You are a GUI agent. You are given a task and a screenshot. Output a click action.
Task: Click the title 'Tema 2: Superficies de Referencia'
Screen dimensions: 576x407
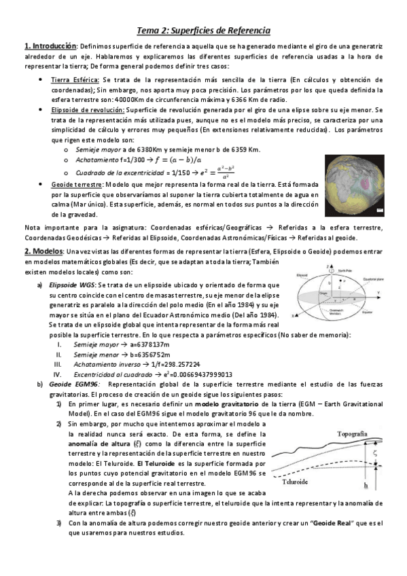204,31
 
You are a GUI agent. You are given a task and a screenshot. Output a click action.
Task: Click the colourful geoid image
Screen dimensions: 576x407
353,181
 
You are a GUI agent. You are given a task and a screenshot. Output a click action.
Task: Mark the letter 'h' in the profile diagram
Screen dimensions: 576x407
366,486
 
